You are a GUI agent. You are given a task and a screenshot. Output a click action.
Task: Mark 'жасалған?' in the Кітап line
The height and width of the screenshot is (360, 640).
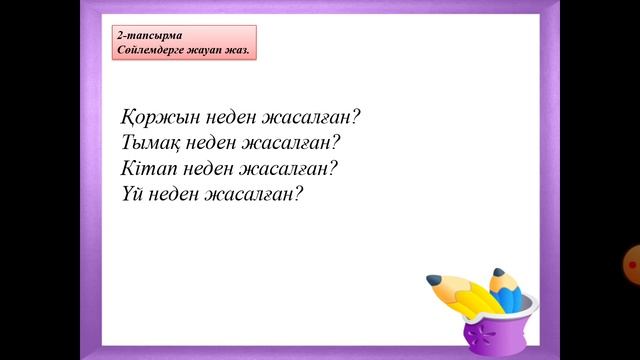pos(300,167)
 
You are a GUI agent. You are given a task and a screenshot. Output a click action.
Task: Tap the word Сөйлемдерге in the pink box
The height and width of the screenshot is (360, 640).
pos(151,49)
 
